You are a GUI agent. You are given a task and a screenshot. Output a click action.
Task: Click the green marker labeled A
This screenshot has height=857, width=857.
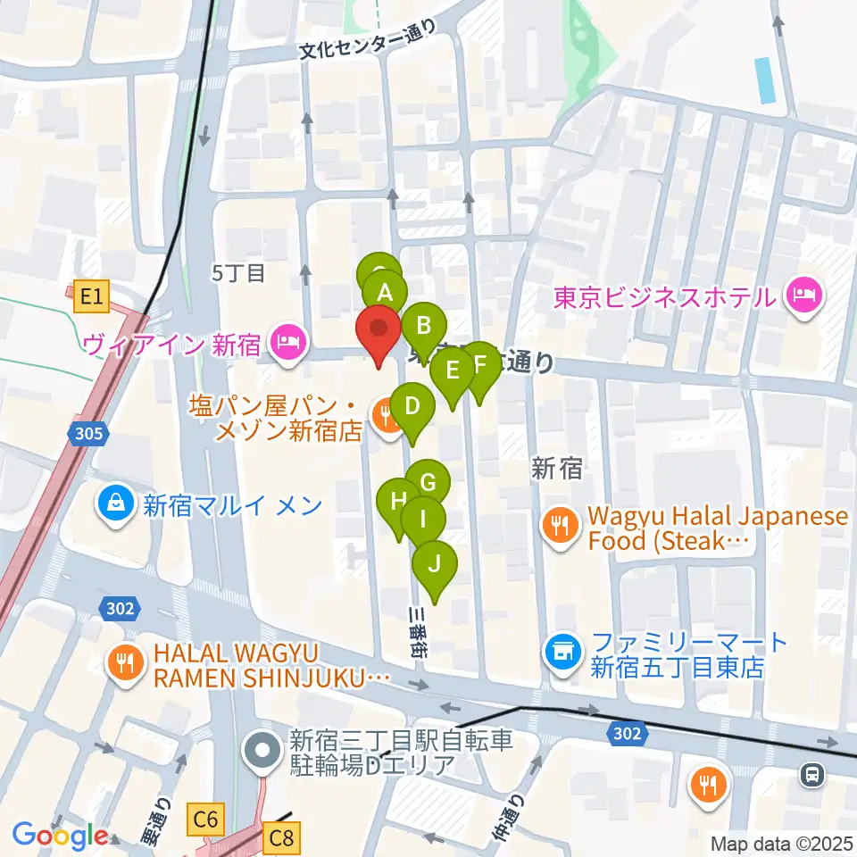point(385,292)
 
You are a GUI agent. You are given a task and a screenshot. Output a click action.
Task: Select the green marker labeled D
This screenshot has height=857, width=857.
point(412,406)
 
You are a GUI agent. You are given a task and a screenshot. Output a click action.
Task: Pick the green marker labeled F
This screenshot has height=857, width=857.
point(479,364)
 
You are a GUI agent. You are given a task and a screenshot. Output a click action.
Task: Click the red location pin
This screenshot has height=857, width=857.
point(379,329)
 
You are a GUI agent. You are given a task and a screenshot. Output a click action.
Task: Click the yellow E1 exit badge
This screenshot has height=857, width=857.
point(92,296)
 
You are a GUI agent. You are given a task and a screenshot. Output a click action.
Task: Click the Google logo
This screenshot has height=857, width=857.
point(61,836)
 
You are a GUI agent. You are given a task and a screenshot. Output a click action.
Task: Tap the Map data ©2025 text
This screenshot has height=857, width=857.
point(782,843)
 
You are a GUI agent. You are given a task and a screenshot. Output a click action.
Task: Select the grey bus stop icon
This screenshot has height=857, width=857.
point(812,774)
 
